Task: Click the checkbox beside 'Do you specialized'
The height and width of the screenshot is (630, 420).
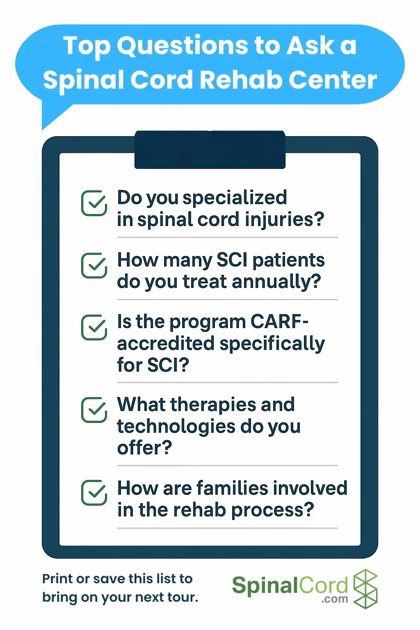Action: [94, 203]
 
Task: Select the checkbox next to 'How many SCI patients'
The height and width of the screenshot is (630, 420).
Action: [94, 265]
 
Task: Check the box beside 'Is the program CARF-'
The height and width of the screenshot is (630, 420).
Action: [94, 327]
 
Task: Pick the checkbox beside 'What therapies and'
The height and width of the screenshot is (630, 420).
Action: [94, 410]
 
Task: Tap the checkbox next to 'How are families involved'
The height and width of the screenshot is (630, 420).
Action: [94, 493]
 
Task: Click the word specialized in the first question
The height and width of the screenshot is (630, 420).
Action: [235, 198]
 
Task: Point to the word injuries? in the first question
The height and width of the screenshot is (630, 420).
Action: [284, 220]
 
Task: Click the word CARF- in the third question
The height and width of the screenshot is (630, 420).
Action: [279, 321]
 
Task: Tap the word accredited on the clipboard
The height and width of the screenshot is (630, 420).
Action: [166, 343]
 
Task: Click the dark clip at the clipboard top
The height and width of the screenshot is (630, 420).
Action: [210, 150]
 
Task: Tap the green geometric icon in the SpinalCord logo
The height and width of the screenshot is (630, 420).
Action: [365, 589]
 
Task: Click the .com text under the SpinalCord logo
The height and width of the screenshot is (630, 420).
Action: [335, 599]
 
